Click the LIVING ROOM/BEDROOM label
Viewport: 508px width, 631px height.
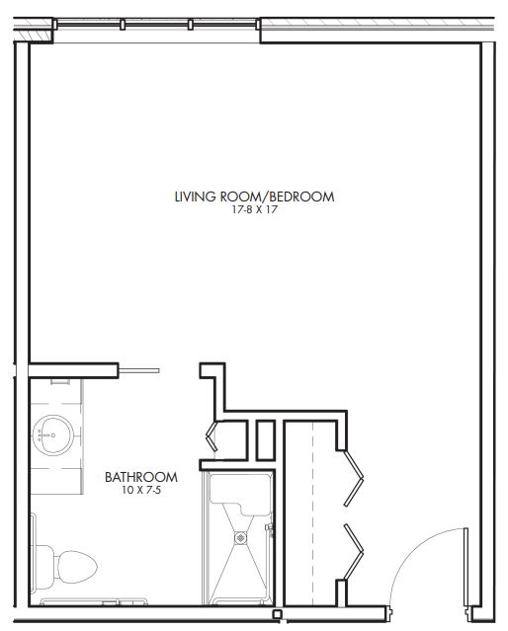pyautogui.click(x=254, y=197)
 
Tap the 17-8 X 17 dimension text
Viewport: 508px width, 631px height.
pyautogui.click(x=255, y=209)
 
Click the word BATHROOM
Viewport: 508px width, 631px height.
pyautogui.click(x=141, y=477)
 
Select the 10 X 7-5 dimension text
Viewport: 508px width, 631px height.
pyautogui.click(x=141, y=490)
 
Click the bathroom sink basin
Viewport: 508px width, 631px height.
pyautogui.click(x=52, y=435)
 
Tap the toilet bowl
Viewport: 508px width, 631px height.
pyautogui.click(x=76, y=567)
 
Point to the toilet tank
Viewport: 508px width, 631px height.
pyautogui.click(x=43, y=568)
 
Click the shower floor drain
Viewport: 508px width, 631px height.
pyautogui.click(x=240, y=537)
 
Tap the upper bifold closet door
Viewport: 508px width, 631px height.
pyautogui.click(x=354, y=478)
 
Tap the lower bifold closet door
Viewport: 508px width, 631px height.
pyautogui.click(x=354, y=551)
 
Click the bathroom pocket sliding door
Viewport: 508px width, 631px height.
pyautogui.click(x=139, y=370)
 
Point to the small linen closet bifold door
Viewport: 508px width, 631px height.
pyautogui.click(x=212, y=435)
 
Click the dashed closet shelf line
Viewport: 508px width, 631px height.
pyautogui.click(x=312, y=513)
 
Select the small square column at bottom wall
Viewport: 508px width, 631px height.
pyautogui.click(x=277, y=614)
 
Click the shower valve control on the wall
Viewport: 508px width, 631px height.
pyautogui.click(x=269, y=529)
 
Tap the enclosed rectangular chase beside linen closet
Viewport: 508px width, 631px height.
pyautogui.click(x=266, y=439)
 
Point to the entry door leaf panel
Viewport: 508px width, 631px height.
pyautogui.click(x=466, y=567)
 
